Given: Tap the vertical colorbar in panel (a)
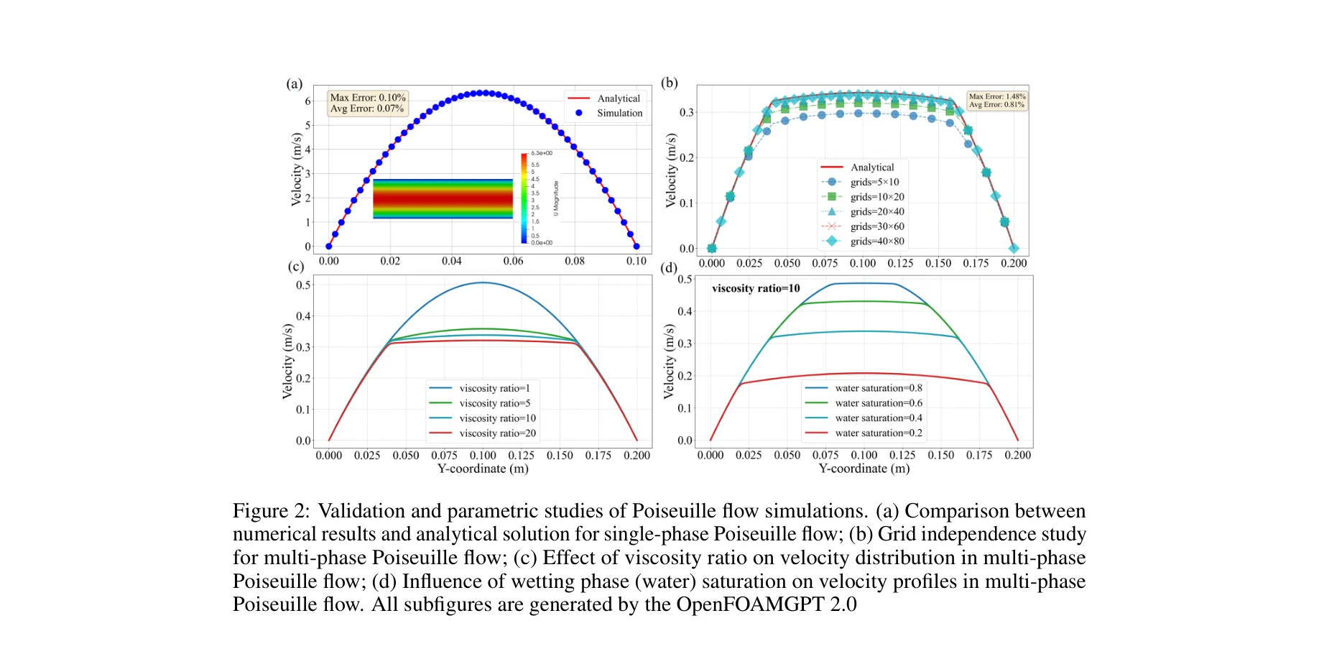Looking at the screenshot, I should point(524,198).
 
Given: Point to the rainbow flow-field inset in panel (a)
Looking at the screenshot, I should point(443,199).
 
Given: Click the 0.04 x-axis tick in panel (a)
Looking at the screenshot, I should point(451,261).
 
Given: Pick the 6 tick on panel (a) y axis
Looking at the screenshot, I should point(307,101).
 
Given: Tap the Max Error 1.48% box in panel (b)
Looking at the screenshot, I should point(996,100).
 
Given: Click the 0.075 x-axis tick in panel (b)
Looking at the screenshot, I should point(825,263).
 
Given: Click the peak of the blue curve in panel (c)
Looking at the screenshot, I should point(483,282).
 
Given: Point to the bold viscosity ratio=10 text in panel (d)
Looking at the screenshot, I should point(755,288).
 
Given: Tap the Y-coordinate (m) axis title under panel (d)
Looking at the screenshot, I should point(864,469).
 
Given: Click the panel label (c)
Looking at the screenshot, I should point(295,267).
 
